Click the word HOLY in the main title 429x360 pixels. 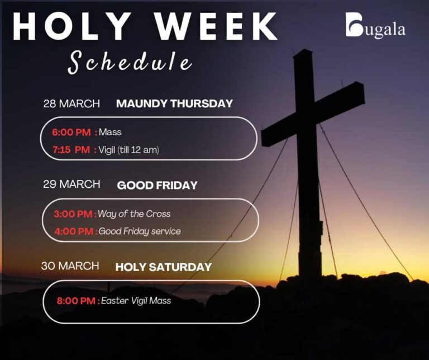(x=71, y=26)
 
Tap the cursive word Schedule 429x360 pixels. (x=130, y=63)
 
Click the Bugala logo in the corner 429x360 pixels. (x=375, y=27)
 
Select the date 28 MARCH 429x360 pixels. (x=71, y=104)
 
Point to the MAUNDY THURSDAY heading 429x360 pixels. (x=174, y=104)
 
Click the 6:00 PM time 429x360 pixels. (x=71, y=132)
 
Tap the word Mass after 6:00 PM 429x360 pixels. (x=110, y=132)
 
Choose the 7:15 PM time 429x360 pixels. (x=71, y=150)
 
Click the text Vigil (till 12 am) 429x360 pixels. (x=129, y=150)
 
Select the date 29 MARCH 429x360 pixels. (x=71, y=184)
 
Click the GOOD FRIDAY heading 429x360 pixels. (x=157, y=185)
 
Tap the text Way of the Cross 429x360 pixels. (x=135, y=214)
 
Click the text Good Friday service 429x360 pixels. (x=140, y=231)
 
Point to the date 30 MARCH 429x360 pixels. (x=70, y=266)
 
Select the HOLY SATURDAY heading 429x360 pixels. (x=163, y=267)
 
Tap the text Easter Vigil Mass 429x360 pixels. (x=136, y=301)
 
